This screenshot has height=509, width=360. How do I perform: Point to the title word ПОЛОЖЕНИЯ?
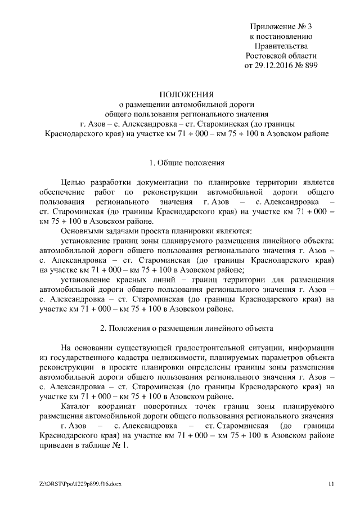click(187, 93)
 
